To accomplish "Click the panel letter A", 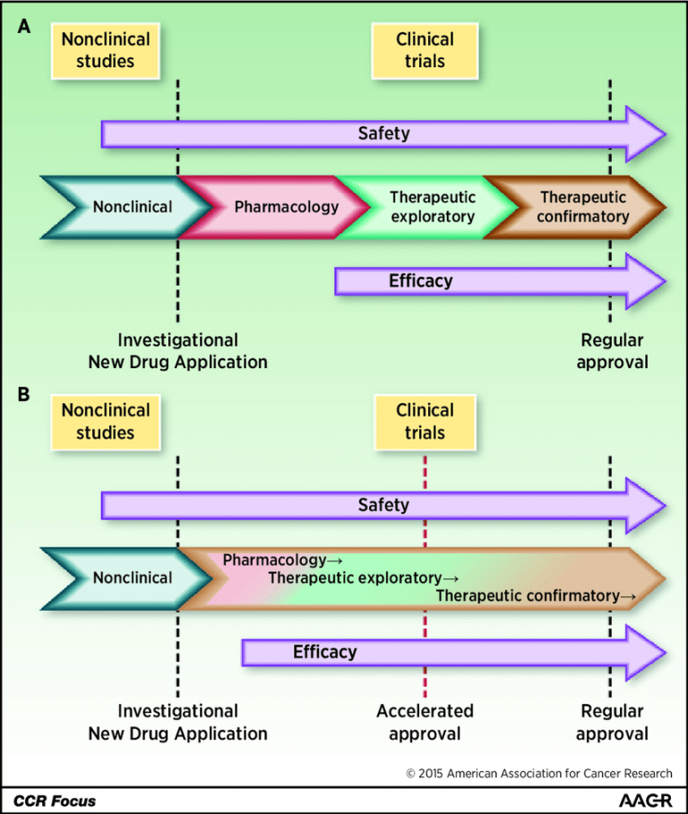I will [25, 29].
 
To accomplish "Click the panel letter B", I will [25, 393].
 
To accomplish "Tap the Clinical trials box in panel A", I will [425, 50].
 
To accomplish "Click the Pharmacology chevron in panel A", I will [286, 207].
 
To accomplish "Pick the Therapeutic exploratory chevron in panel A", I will [432, 207].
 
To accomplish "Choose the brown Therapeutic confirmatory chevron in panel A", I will [583, 207].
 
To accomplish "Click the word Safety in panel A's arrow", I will [383, 133].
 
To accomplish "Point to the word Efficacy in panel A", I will [420, 280].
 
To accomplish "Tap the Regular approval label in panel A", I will [612, 351].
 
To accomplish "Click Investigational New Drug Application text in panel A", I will [177, 351].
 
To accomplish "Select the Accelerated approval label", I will [425, 722].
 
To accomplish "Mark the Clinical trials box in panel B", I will [425, 421].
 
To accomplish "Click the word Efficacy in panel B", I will [324, 652].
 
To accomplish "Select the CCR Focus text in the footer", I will [55, 800].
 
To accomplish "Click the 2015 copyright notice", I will [538, 773].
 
